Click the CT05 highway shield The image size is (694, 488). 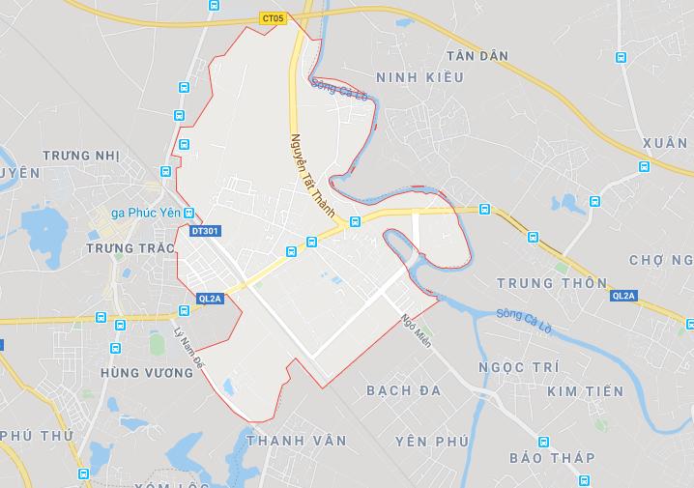(274, 17)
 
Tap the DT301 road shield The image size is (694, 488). (205, 232)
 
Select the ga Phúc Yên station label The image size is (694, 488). (146, 214)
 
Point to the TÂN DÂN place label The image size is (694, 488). (477, 56)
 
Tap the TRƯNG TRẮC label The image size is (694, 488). (130, 248)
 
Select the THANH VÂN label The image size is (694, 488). (297, 440)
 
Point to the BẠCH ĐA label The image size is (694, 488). (404, 389)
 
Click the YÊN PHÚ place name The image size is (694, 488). (432, 442)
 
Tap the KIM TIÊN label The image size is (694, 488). (586, 391)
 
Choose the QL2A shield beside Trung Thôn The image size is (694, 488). (623, 296)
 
